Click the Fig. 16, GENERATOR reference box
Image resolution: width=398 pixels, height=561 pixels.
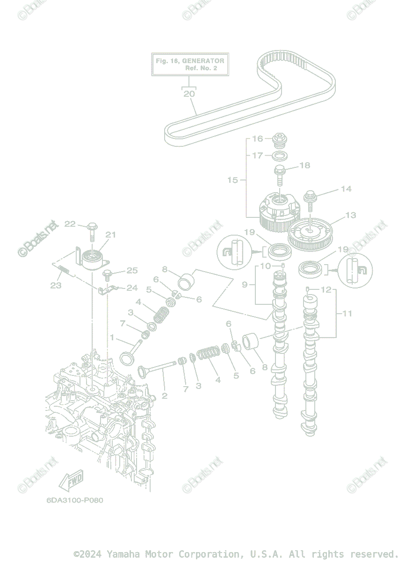coord(190,64)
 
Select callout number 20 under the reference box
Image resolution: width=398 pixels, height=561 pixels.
coord(189,93)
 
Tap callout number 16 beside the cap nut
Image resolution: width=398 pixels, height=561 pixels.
coord(258,139)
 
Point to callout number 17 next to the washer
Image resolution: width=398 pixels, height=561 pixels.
coord(258,156)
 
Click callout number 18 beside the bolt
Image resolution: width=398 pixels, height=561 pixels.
coord(304,165)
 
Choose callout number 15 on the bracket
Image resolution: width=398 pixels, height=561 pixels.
coord(232,180)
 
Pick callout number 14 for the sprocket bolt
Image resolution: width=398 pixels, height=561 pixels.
coord(346,189)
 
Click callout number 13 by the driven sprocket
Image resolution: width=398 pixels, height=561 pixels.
coord(350,216)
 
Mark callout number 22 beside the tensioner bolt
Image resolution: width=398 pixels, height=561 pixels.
coord(70,224)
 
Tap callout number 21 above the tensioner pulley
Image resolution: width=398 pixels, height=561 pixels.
coord(110,235)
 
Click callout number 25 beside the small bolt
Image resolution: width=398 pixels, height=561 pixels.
coord(132,270)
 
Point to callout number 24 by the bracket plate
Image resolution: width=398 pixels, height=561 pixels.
coord(132,288)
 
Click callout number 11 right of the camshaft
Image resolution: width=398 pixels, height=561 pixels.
coord(347,314)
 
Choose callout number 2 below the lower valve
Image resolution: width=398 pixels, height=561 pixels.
coord(164,396)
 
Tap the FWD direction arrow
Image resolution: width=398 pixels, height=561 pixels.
coord(71,481)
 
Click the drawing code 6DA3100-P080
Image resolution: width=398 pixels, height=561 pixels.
coord(75,500)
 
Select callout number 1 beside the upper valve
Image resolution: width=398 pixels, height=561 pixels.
coord(112,338)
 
